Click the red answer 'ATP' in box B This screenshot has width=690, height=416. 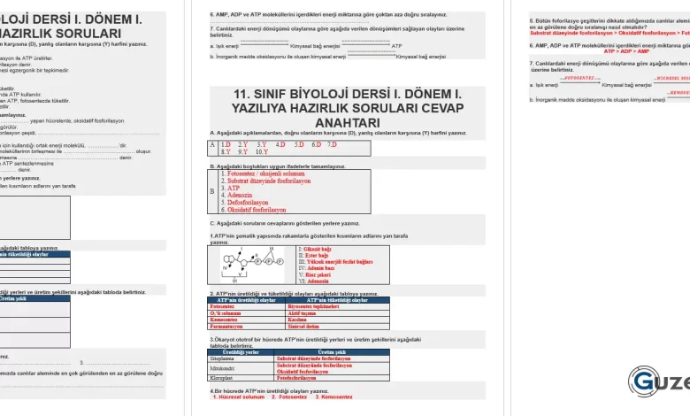pyautogui.click(x=234, y=188)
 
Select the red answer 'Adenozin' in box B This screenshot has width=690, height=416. pyautogui.click(x=240, y=195)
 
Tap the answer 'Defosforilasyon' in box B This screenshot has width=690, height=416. pyautogui.click(x=247, y=203)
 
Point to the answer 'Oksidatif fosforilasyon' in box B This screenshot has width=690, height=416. pyautogui.click(x=257, y=211)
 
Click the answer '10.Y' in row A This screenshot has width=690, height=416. pyautogui.click(x=262, y=151)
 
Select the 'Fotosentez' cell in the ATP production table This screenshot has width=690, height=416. pyautogui.click(x=222, y=306)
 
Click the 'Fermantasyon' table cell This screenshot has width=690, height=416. pyautogui.click(x=226, y=326)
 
